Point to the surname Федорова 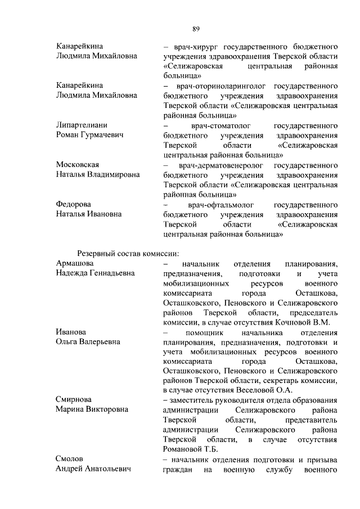pos(74,204)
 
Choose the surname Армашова pos(75,263)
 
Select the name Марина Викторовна pos(92,409)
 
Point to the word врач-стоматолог pos(216,124)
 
